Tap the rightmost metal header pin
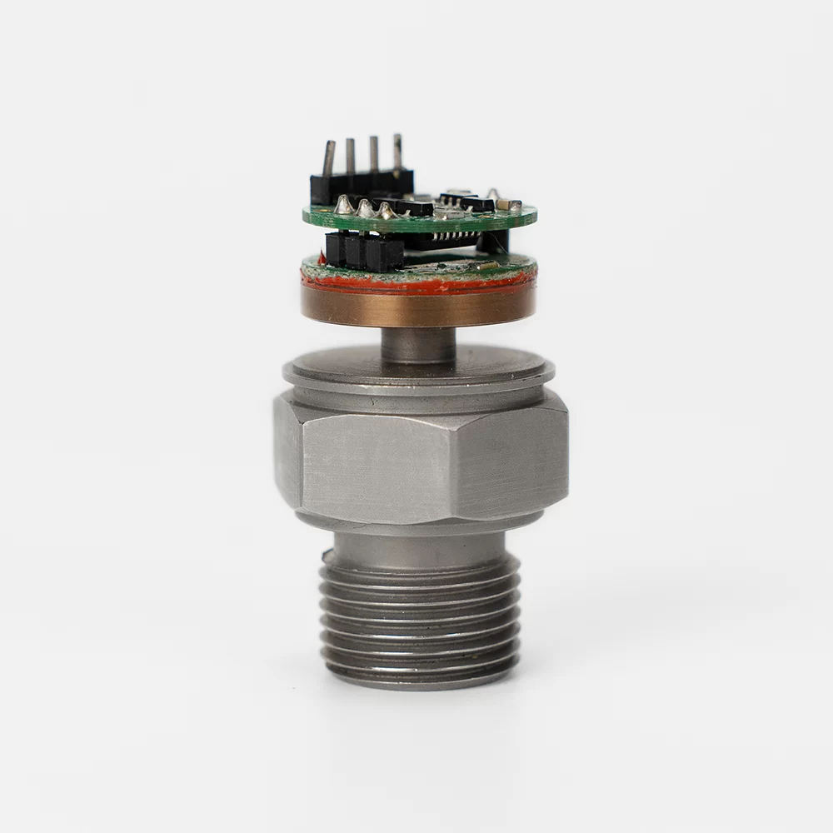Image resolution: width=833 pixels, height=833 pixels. coord(397,151)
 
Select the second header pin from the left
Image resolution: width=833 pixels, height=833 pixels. coord(351,155)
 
